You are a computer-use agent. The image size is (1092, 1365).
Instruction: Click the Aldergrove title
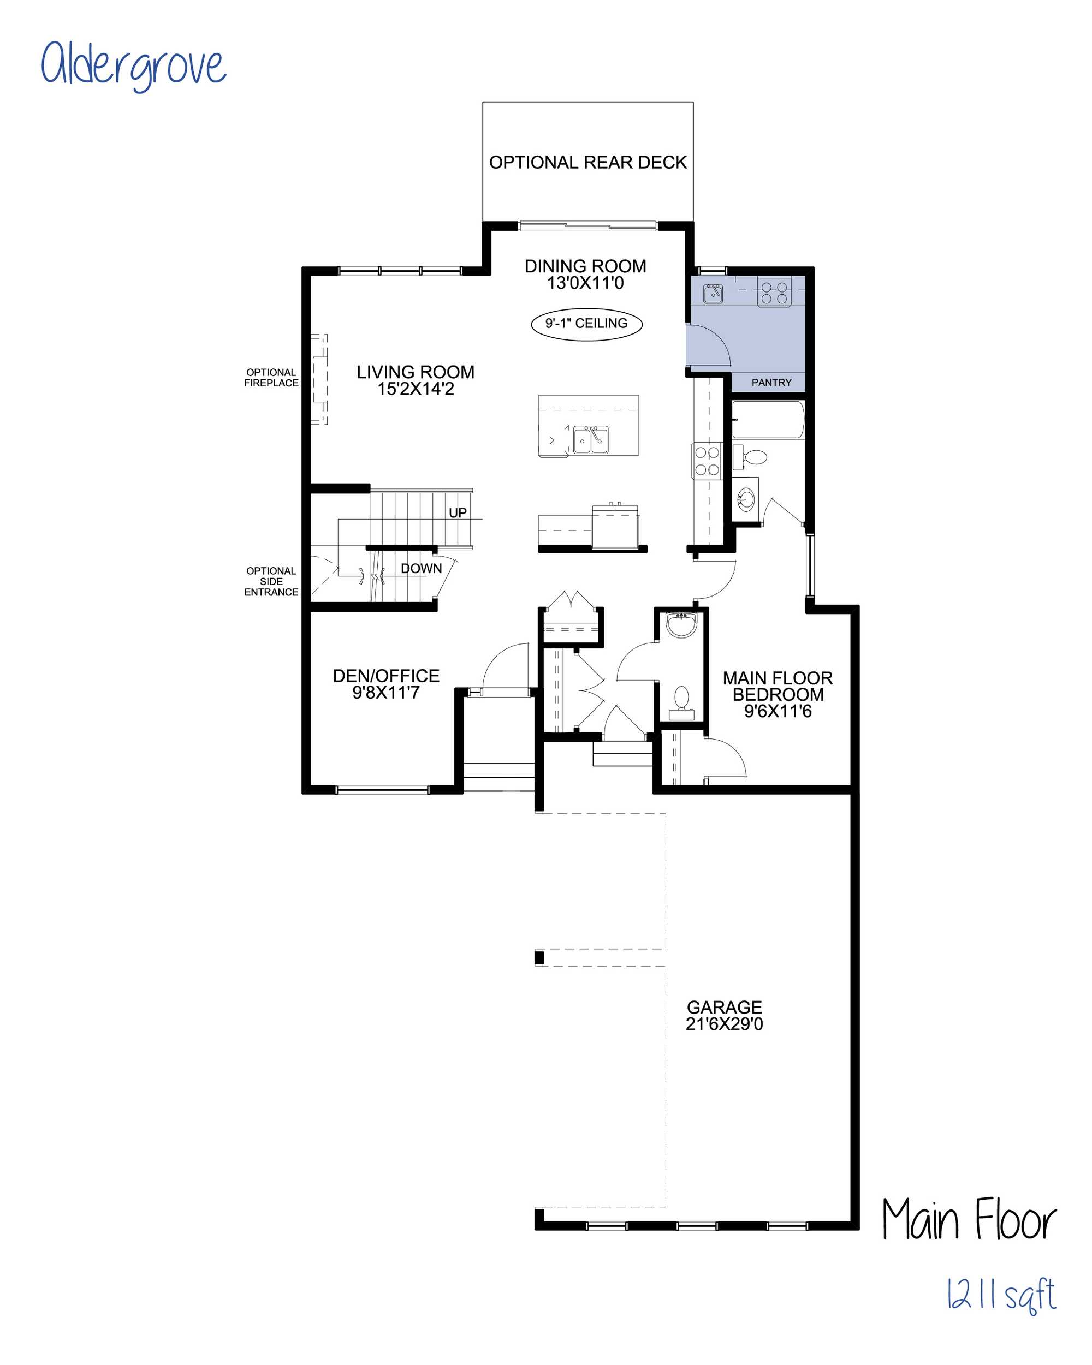[133, 65]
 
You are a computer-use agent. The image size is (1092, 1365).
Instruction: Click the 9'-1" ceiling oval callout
[586, 324]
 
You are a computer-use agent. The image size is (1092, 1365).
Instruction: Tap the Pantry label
[771, 383]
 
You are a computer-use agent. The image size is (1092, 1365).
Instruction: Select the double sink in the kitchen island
[590, 439]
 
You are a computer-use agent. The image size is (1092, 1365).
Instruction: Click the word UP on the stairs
[458, 513]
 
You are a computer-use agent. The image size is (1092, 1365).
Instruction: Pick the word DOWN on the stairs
[421, 569]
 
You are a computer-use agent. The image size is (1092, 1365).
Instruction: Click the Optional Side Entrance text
[271, 581]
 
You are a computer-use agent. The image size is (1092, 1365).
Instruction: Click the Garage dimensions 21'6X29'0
[724, 1024]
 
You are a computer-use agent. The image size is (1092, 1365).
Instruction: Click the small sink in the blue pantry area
[713, 294]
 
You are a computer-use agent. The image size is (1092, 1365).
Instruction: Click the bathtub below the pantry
[768, 419]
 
